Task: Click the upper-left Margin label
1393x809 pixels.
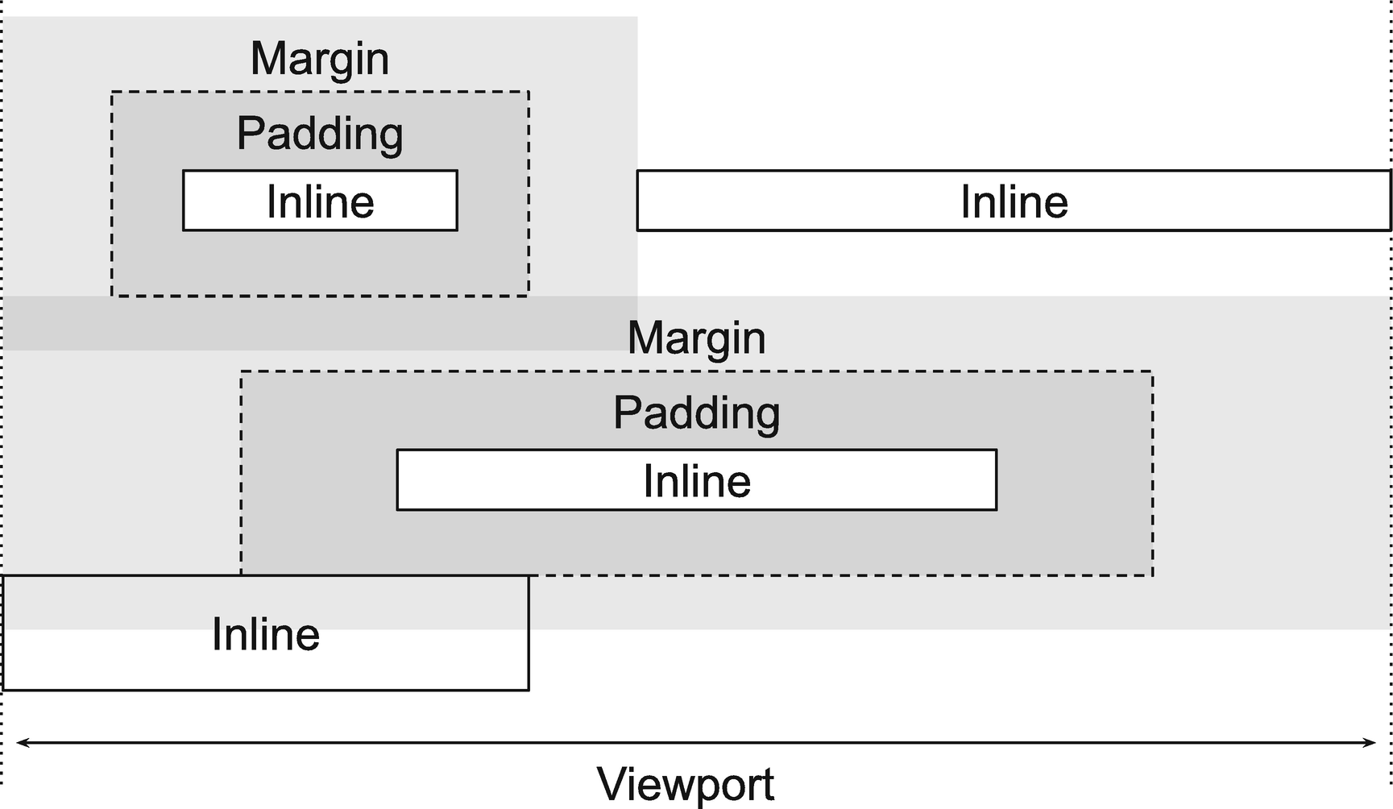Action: [320, 59]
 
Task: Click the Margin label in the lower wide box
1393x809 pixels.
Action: [696, 338]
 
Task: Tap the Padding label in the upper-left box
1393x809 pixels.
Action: [320, 134]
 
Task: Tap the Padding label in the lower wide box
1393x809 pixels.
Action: [696, 413]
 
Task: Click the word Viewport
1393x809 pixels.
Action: [686, 783]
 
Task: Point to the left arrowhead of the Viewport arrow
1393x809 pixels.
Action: [19, 743]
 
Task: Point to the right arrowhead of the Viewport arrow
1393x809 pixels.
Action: [1373, 743]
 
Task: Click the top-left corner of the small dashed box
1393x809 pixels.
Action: [112, 93]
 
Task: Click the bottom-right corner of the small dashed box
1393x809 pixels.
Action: [529, 296]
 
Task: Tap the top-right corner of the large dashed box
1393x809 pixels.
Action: [1152, 372]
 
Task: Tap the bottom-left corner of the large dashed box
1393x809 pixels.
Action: [242, 575]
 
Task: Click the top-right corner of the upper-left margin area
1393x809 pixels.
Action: [636, 18]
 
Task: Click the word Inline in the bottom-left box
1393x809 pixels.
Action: [266, 634]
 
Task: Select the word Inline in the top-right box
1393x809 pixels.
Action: [1014, 201]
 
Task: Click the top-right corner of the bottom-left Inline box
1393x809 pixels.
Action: [529, 576]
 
